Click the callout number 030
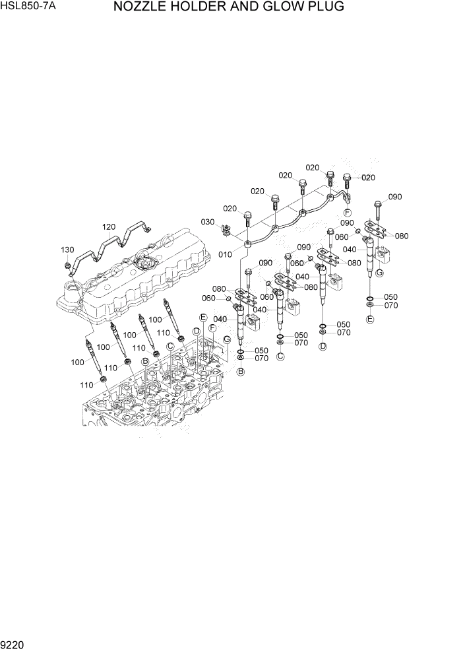point(208,222)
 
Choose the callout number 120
point(109,227)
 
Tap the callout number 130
point(67,250)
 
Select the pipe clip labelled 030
point(226,230)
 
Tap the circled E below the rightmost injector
point(370,320)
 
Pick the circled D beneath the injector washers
point(323,347)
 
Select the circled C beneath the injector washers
point(280,357)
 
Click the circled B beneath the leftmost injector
point(241,372)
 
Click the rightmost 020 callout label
point(368,178)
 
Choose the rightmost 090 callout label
point(394,197)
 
